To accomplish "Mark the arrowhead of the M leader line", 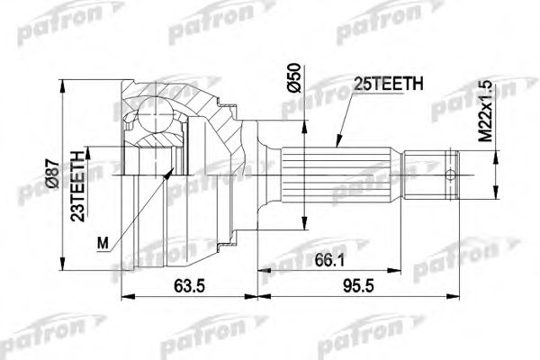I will point(172,172).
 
